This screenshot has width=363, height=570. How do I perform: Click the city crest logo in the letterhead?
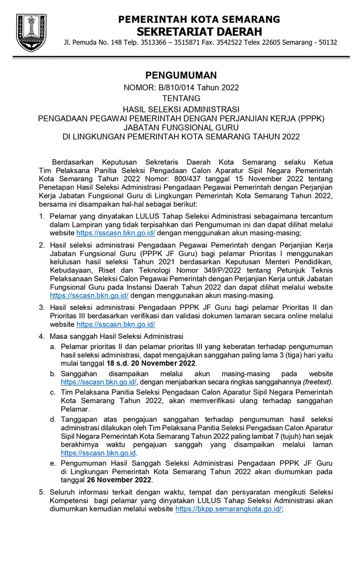[x=31, y=32]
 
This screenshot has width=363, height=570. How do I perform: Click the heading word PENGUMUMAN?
[x=181, y=76]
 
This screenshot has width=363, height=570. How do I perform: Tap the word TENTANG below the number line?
[x=181, y=98]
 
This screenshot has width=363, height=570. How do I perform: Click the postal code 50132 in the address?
[x=327, y=42]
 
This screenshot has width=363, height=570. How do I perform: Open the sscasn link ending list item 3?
[x=116, y=324]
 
